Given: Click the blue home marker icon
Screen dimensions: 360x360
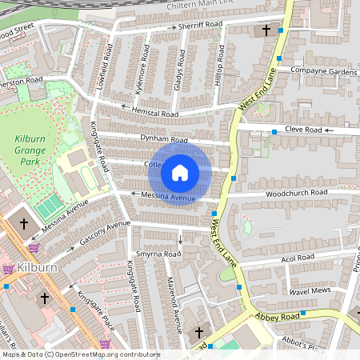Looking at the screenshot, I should (180, 173).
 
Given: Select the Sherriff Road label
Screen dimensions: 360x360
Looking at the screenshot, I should (200, 26).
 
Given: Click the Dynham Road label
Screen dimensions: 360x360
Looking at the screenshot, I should (163, 140).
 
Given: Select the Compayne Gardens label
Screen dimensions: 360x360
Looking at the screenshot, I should (323, 72).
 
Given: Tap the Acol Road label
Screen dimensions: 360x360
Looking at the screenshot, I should (298, 259).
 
